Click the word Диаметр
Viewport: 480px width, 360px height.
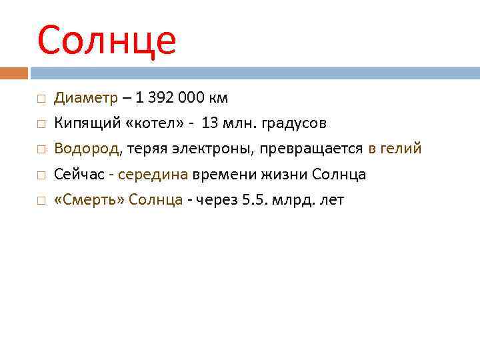coord(85,98)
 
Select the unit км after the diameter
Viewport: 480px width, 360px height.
coord(217,98)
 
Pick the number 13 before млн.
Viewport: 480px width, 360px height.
coord(209,123)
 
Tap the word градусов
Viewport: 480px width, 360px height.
coord(295,123)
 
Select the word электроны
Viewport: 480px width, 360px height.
coord(220,149)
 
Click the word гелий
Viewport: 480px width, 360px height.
coord(402,149)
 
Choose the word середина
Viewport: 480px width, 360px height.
coord(153,175)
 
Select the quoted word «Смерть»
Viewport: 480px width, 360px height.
coord(89,200)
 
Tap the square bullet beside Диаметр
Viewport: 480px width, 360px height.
coord(41,99)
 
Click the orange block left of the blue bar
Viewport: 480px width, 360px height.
coord(14,73)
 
